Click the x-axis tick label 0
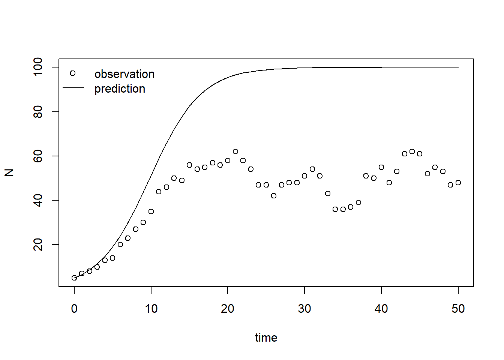(74, 309)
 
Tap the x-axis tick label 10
(151, 309)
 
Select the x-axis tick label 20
(228, 309)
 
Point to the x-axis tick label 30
(304, 309)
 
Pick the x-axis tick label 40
(381, 309)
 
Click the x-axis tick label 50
(458, 309)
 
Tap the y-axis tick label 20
(38, 244)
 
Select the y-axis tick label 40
(38, 200)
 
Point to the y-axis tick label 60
(38, 156)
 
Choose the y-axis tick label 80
(38, 112)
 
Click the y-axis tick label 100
(38, 67)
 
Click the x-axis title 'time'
(266, 337)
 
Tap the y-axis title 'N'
(9, 172)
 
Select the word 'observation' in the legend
(124, 74)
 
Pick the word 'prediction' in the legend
(120, 88)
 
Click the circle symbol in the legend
(73, 73)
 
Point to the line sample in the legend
(73, 88)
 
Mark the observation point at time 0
(74, 278)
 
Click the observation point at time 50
(458, 183)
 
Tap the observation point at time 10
(151, 211)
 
